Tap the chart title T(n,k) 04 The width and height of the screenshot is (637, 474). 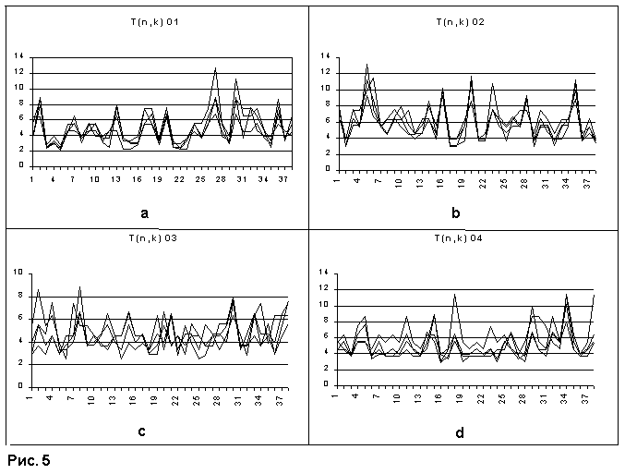465,237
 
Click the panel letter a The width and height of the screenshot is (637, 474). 144,213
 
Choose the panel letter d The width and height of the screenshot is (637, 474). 459,431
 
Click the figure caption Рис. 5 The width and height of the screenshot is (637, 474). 29,459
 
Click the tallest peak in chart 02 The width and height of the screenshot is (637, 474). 367,64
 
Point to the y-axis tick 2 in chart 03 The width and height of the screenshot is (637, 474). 21,364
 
